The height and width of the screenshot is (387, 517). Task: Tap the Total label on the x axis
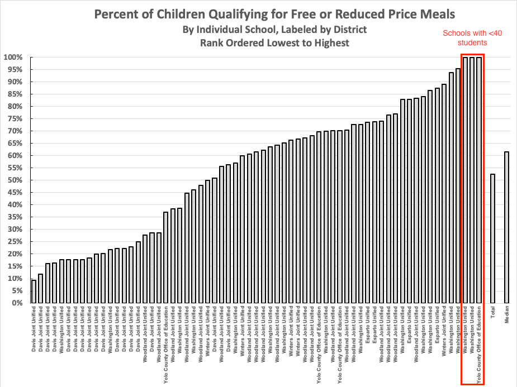(493, 313)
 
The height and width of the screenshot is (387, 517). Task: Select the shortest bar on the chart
(34, 292)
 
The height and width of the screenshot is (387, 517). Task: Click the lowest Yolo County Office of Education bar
(166, 257)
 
